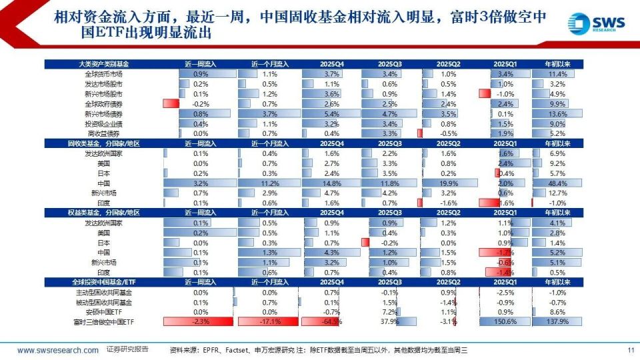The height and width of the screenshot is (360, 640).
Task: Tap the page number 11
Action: tap(631, 350)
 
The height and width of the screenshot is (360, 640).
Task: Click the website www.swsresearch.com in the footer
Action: tap(58, 350)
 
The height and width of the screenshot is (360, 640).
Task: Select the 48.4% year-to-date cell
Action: tap(557, 183)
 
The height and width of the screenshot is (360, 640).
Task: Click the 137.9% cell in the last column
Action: tap(557, 322)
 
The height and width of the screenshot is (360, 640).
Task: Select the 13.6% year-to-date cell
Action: tap(557, 114)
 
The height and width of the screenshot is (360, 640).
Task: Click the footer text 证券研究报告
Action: tap(127, 349)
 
